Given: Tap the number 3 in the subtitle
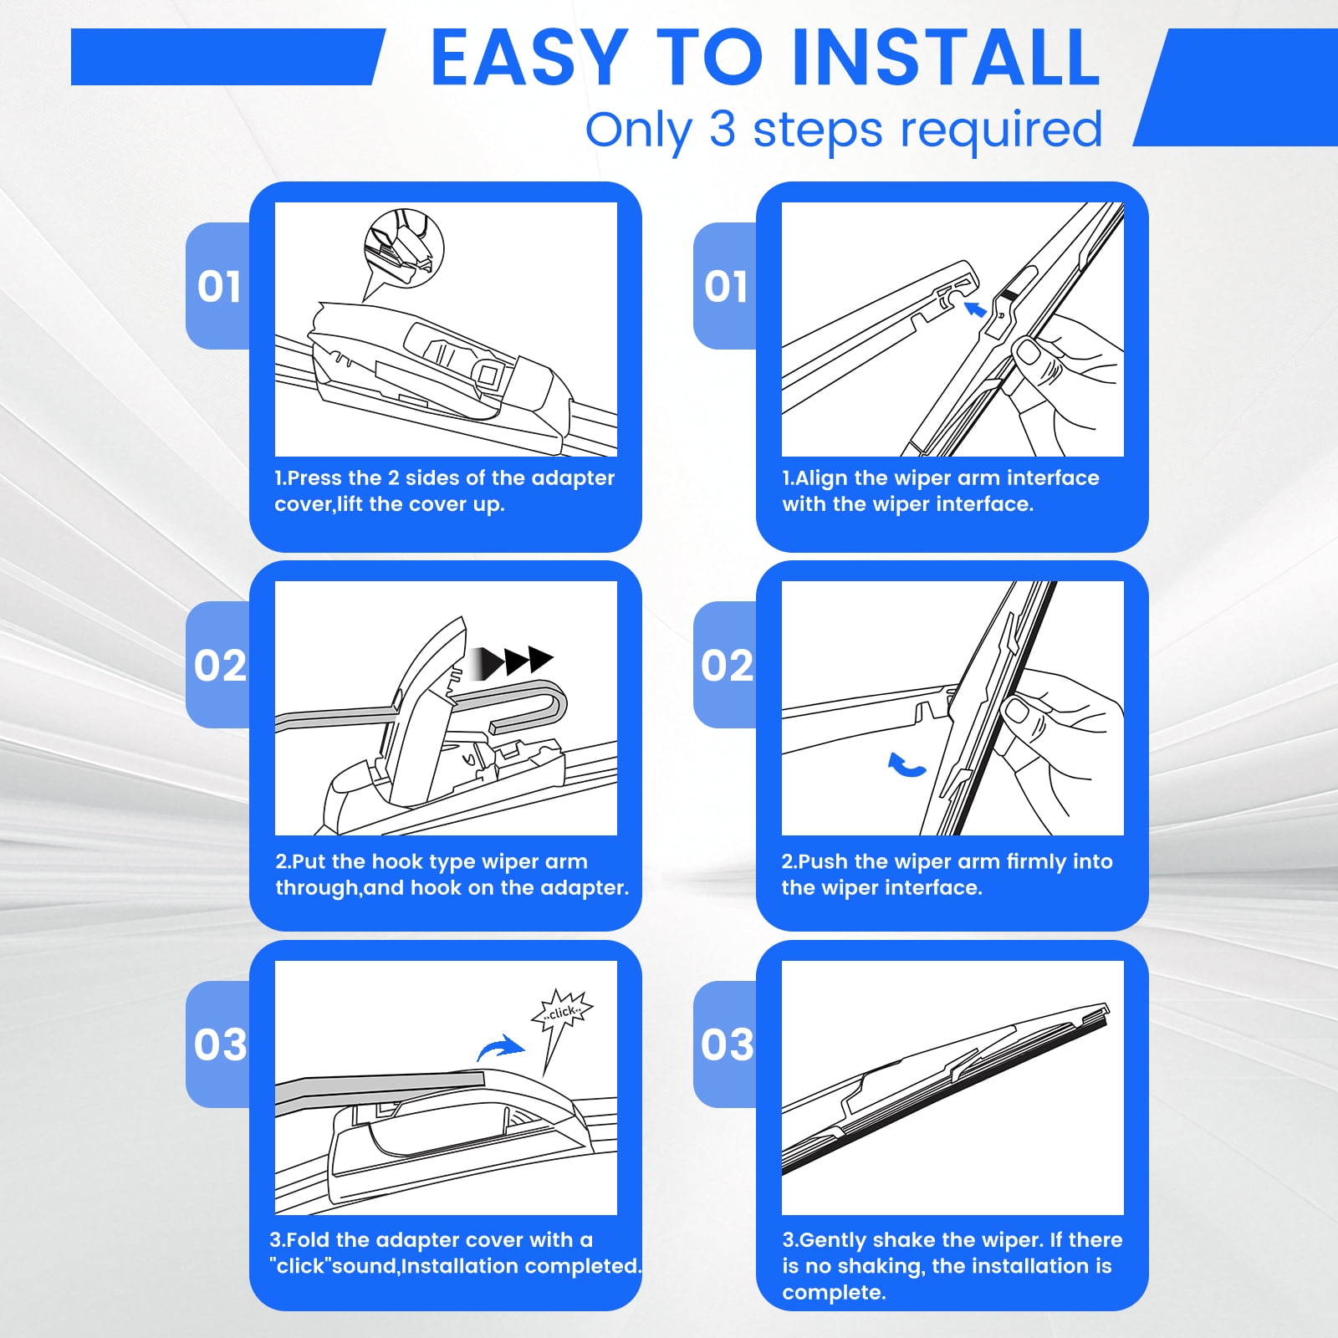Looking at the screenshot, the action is [723, 130].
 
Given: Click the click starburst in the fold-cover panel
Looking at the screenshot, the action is [562, 1013].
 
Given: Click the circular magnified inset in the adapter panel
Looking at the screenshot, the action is [404, 249].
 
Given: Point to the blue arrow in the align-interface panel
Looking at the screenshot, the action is [975, 310].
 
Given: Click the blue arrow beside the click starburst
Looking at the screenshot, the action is [500, 1047].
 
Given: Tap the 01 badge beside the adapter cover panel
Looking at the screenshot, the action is [219, 286].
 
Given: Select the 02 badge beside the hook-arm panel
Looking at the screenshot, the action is [219, 665].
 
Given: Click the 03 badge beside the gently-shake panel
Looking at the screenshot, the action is [726, 1044].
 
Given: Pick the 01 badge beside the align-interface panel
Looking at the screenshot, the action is [726, 286].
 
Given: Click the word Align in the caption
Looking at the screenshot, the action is [821, 478].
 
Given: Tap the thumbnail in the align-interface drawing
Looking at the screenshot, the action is [1028, 352].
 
